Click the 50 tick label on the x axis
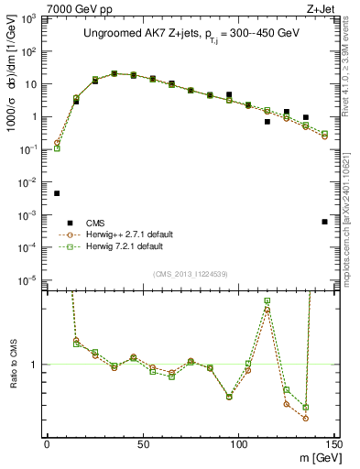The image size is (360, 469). tap(143, 444)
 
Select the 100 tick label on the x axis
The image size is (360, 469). tap(239, 444)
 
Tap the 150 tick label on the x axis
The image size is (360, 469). tap(333, 444)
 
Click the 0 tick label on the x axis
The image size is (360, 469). tap(47, 444)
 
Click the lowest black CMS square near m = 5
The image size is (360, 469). tap(57, 193)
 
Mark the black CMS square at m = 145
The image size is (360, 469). tap(324, 222)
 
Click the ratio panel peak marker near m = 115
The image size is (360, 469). tap(267, 300)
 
